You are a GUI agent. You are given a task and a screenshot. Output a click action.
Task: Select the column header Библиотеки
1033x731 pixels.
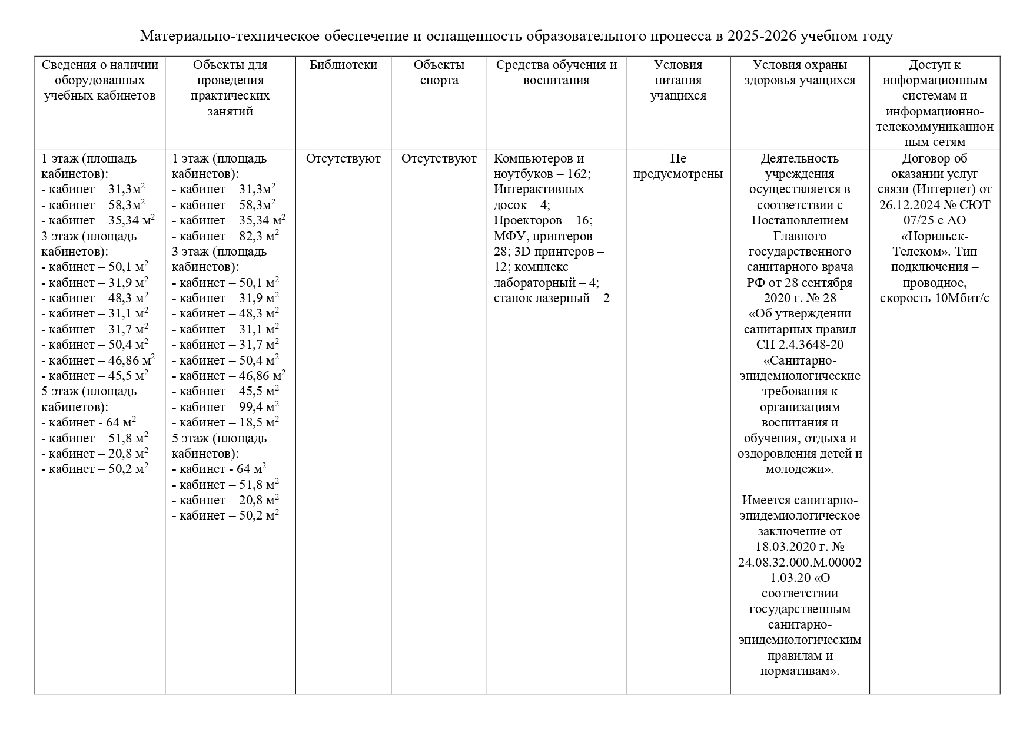pyautogui.click(x=343, y=65)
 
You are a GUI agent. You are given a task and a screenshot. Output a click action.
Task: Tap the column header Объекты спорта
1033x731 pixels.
pyautogui.click(x=439, y=72)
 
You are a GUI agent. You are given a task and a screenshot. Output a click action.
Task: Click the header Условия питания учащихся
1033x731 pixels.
pyautogui.click(x=678, y=80)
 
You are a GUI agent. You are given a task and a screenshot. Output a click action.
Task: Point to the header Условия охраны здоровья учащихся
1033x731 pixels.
pyautogui.click(x=799, y=72)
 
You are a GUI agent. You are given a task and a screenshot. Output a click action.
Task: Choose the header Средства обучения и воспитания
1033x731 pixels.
pyautogui.click(x=556, y=72)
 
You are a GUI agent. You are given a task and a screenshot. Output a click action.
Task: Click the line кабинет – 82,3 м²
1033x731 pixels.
pyautogui.click(x=225, y=236)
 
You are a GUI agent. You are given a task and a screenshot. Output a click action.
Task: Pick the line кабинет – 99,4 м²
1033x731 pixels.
pyautogui.click(x=225, y=407)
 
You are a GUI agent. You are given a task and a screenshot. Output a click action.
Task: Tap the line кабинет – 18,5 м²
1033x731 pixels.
pyautogui.click(x=225, y=422)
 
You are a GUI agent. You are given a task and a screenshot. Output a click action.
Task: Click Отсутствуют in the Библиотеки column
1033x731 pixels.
pyautogui.click(x=343, y=158)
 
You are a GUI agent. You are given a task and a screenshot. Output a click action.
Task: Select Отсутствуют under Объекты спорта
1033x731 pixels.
pyautogui.click(x=439, y=158)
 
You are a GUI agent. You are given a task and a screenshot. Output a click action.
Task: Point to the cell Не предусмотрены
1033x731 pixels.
pyautogui.click(x=678, y=166)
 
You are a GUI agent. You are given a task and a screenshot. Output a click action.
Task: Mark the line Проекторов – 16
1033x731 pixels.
pyautogui.click(x=543, y=220)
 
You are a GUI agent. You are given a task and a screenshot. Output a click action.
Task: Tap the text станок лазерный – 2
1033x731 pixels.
pyautogui.click(x=551, y=298)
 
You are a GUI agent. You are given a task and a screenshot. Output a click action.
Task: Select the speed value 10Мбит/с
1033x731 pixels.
pyautogui.click(x=962, y=298)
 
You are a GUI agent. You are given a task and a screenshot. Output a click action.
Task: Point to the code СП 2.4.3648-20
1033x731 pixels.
pyautogui.click(x=799, y=345)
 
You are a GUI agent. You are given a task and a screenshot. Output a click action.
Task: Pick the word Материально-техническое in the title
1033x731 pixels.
pyautogui.click(x=230, y=37)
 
